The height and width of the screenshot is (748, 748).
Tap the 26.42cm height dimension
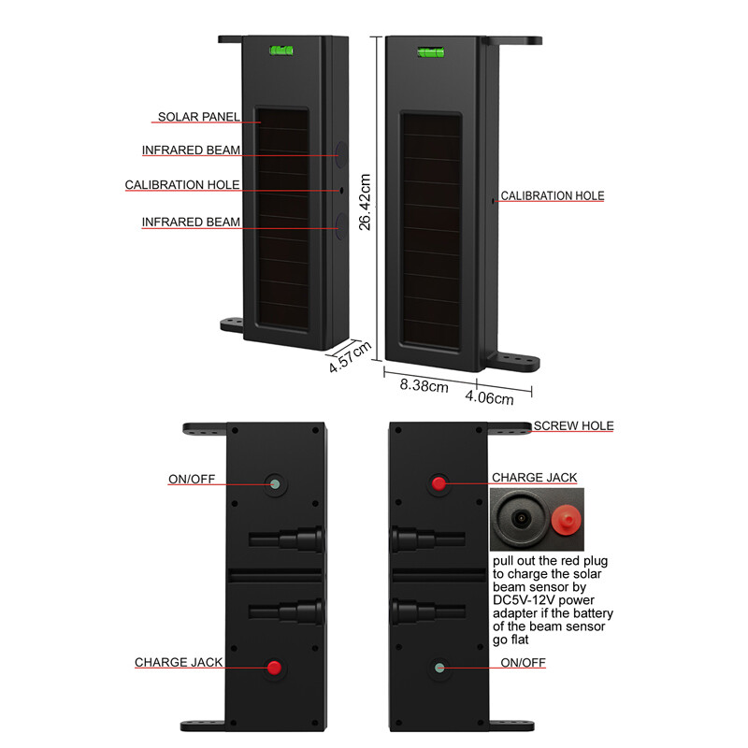(x=366, y=195)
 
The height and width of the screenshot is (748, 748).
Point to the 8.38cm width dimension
(x=424, y=385)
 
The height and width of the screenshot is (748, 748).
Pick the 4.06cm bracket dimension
(x=490, y=398)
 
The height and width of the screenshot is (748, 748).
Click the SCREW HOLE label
(x=573, y=425)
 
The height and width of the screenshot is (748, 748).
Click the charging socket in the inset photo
(x=520, y=516)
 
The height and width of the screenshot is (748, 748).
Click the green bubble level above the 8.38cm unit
(x=431, y=51)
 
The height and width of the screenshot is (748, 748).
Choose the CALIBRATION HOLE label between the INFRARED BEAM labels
(x=182, y=185)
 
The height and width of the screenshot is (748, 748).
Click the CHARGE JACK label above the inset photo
(x=534, y=478)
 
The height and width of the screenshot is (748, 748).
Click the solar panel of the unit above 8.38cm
(x=430, y=229)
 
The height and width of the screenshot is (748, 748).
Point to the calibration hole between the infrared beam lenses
(x=341, y=190)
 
